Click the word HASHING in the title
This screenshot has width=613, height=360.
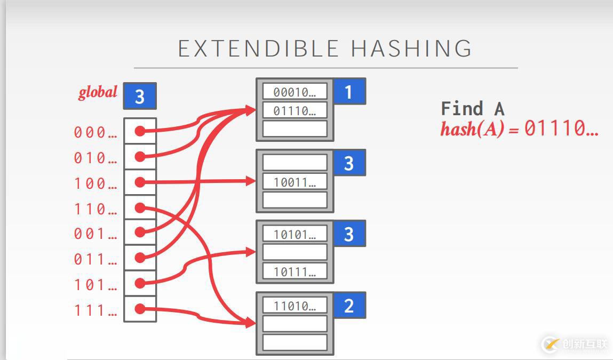[411, 49]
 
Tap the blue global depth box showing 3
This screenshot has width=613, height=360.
[140, 96]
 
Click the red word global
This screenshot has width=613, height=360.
[98, 93]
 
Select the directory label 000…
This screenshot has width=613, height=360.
[95, 132]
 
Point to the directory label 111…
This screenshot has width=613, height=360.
[95, 310]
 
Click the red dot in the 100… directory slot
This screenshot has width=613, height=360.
[140, 182]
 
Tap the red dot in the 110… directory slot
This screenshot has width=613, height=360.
[140, 207]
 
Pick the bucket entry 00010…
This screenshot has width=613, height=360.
[294, 92]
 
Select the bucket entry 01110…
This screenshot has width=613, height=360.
[294, 111]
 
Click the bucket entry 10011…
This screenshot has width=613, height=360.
[294, 182]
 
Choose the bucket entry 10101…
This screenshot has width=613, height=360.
[294, 234]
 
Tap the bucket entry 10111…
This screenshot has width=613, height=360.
[294, 272]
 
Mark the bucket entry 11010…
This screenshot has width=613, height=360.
[294, 306]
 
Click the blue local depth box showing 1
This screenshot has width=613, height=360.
[349, 92]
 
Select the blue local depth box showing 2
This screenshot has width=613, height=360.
[349, 306]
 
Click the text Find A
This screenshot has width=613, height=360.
[472, 109]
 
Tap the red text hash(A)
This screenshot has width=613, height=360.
[472, 129]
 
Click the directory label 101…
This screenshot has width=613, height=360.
[95, 285]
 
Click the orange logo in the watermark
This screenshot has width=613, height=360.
[551, 344]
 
